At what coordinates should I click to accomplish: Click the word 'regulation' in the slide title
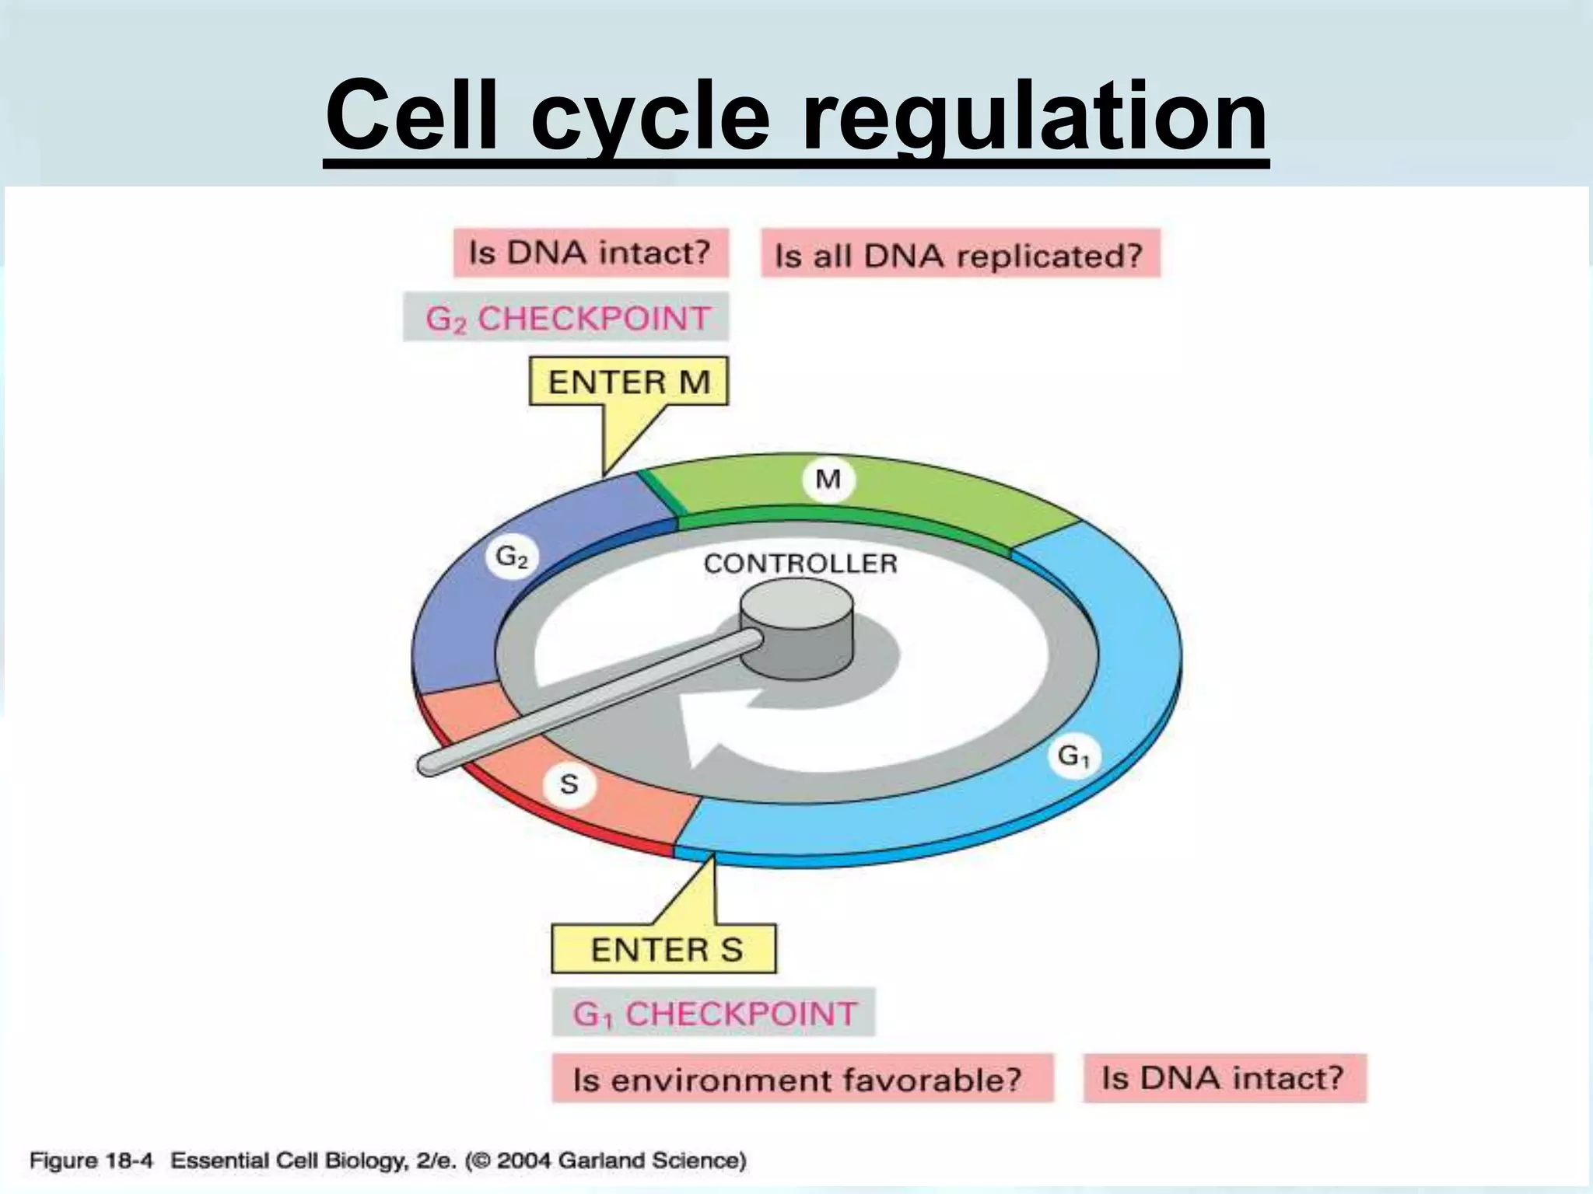click(1035, 117)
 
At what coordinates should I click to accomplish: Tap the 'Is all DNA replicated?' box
click(960, 254)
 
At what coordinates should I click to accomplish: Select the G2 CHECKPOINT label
click(566, 317)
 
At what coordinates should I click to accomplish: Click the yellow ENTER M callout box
click(628, 382)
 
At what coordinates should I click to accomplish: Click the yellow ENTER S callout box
click(664, 949)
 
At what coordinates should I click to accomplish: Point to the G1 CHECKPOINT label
click(713, 1013)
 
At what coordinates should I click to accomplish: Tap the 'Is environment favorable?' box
click(801, 1079)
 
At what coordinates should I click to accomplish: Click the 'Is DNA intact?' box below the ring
click(1224, 1078)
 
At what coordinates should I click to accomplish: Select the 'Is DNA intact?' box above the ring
click(591, 253)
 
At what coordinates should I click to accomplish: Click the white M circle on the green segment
click(828, 480)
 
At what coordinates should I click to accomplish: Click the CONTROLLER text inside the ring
click(800, 563)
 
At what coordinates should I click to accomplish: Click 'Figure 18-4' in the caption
click(91, 1161)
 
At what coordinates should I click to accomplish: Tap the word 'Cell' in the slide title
click(412, 117)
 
